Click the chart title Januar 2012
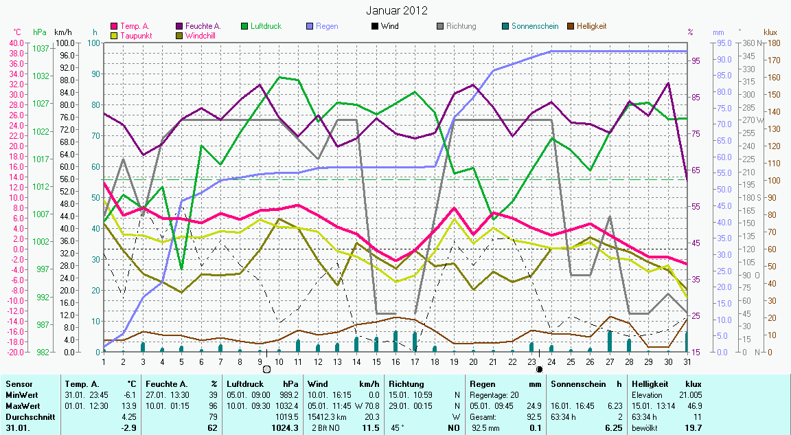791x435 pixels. tap(396, 10)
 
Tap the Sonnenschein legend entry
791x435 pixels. tap(531, 26)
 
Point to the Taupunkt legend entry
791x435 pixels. tap(137, 35)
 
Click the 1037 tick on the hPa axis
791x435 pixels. tap(41, 48)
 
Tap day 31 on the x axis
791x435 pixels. tap(687, 361)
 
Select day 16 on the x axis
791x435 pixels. tap(395, 361)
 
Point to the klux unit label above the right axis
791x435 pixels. tap(770, 32)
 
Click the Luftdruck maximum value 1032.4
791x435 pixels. tap(287, 405)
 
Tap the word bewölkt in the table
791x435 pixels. tap(643, 427)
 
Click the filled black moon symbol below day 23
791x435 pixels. tap(539, 369)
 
